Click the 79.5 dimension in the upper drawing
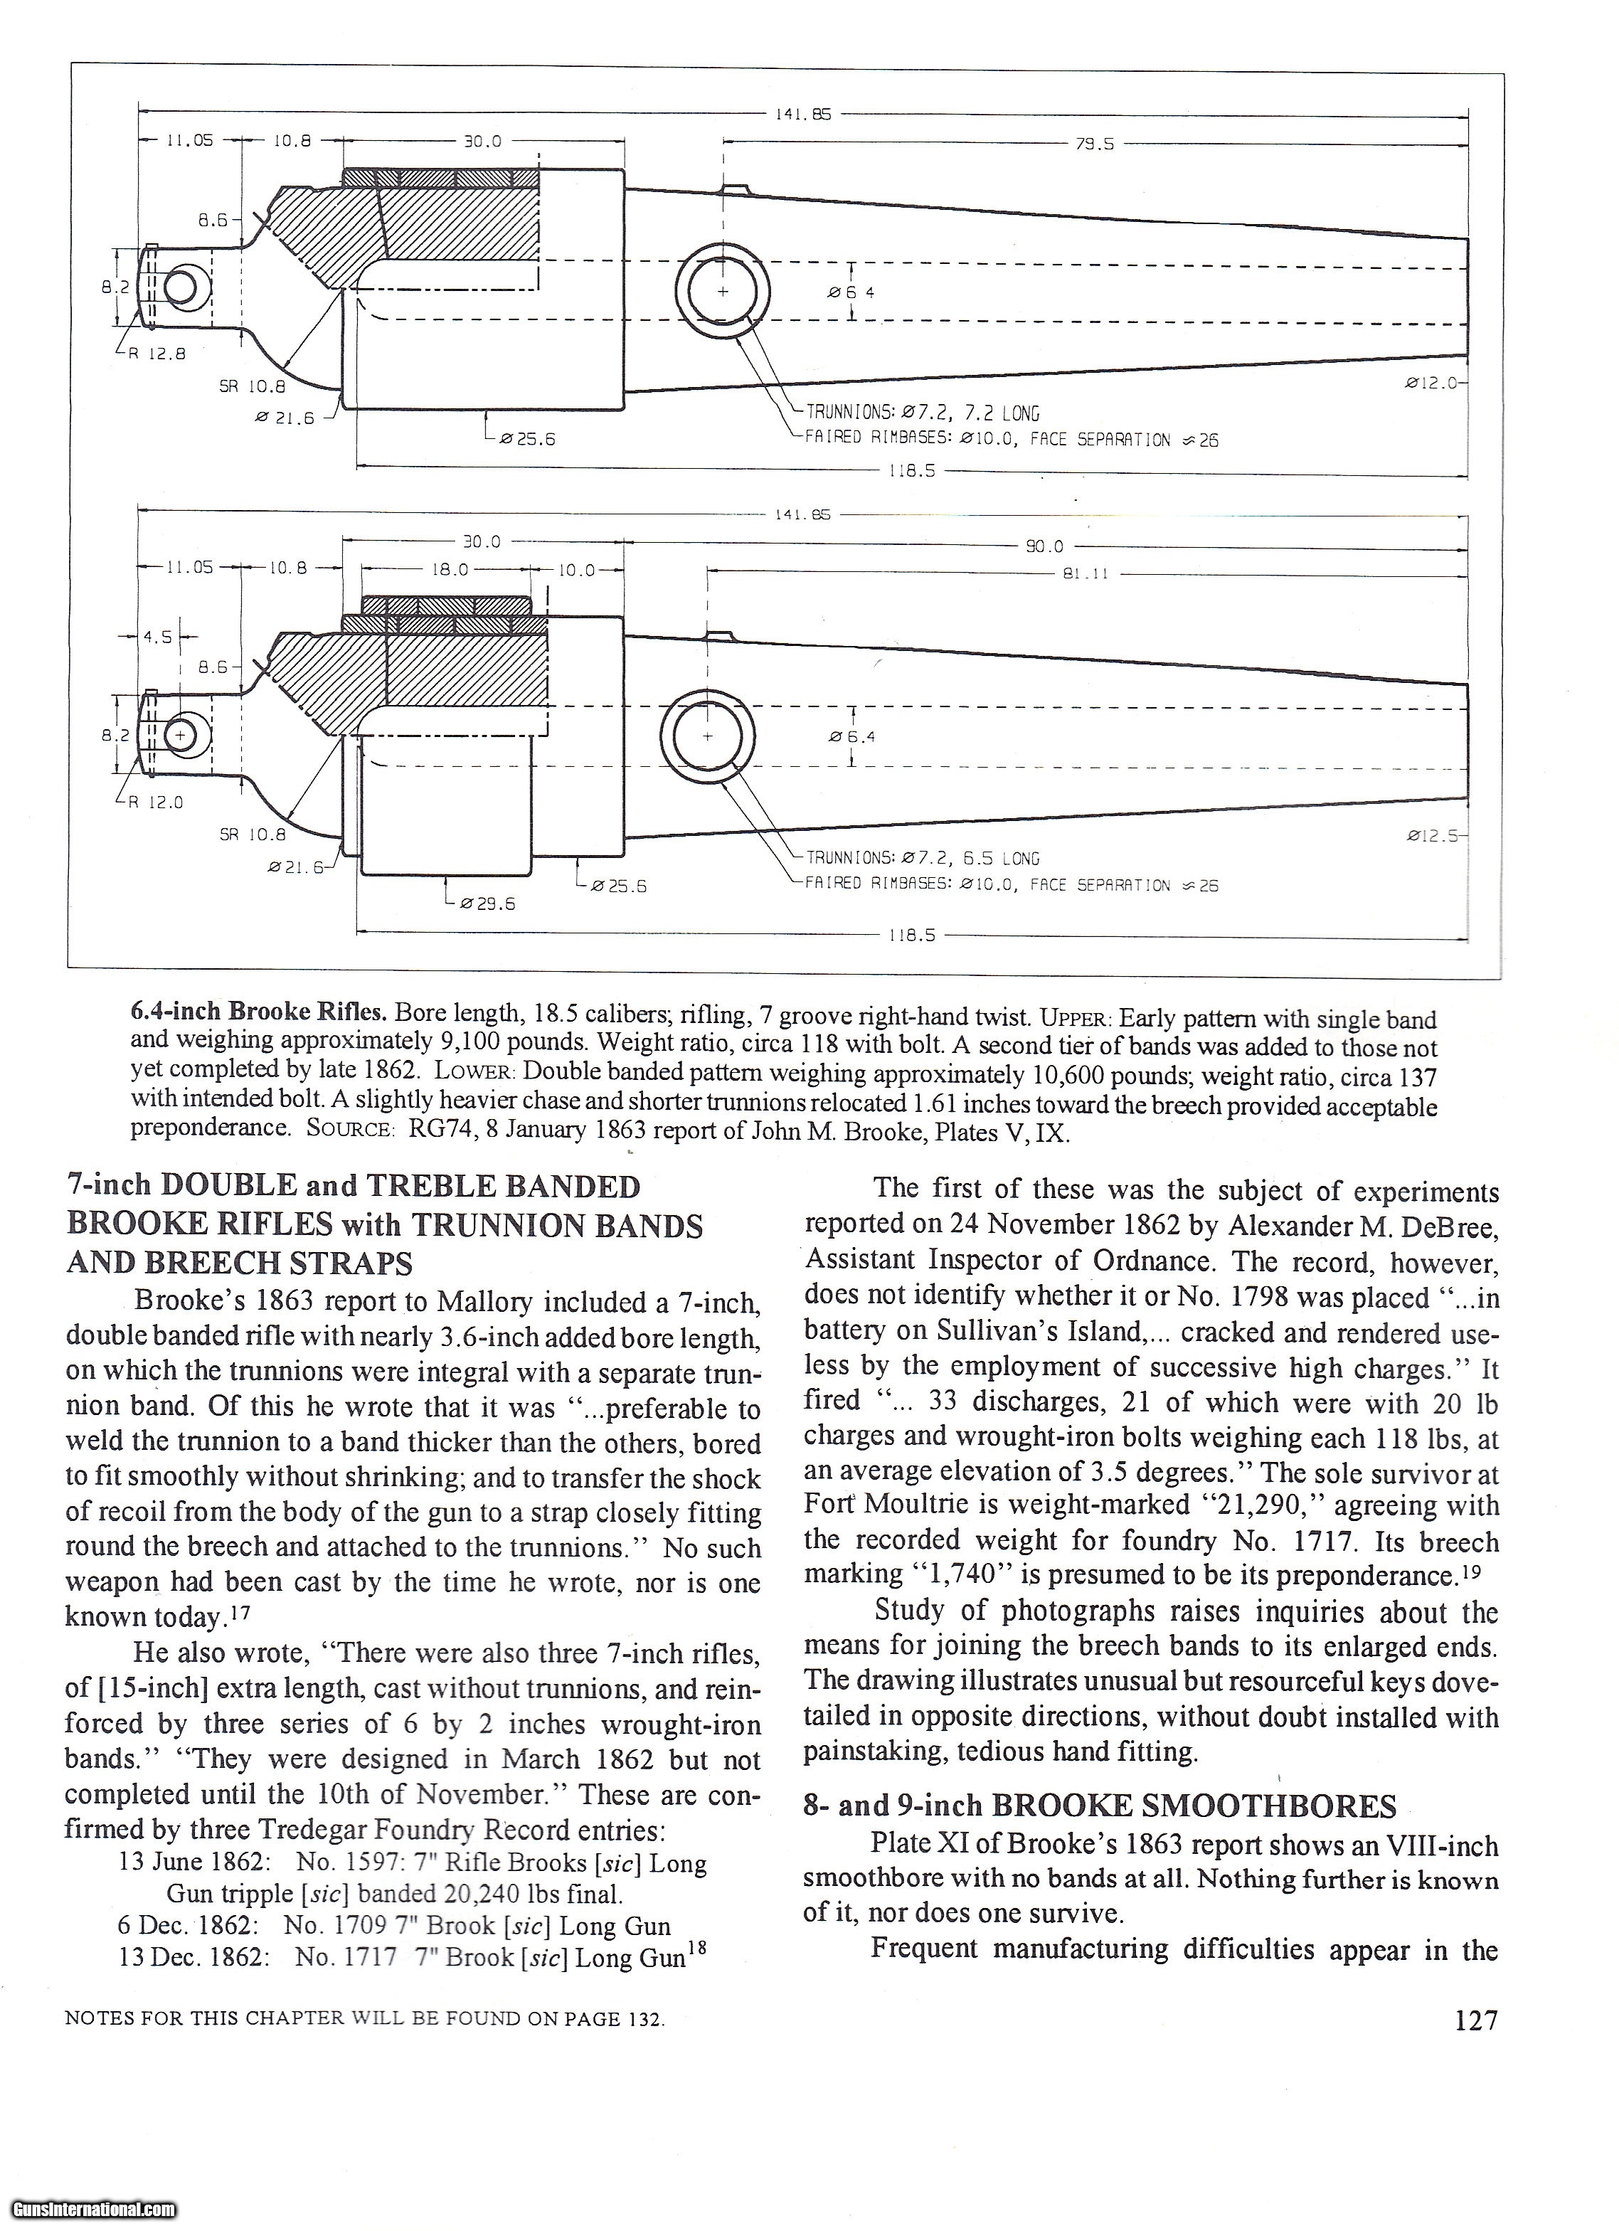[x=1094, y=144]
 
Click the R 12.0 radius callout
[x=155, y=802]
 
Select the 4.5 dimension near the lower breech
[x=157, y=637]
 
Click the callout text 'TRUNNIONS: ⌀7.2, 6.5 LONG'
[x=922, y=859]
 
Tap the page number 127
[x=1475, y=2020]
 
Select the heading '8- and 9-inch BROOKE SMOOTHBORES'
[x=1099, y=1806]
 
